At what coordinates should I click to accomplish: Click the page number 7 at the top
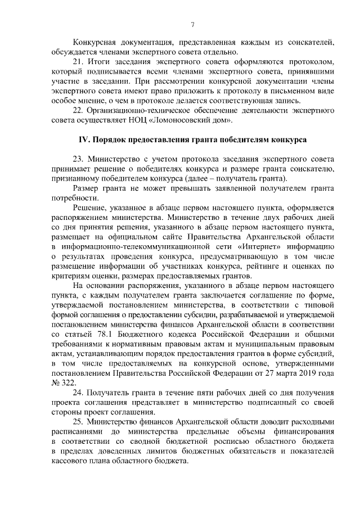[192, 25]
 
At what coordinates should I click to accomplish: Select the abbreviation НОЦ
[151, 120]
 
